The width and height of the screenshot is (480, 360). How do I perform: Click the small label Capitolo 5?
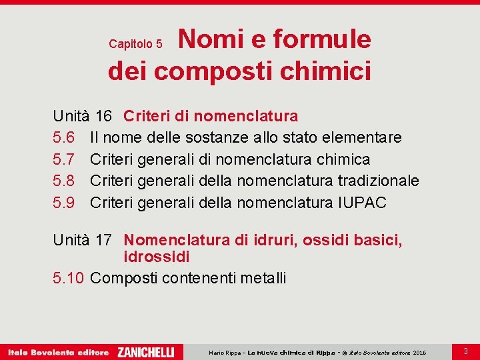click(135, 44)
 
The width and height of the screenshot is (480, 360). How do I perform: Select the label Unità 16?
click(82, 116)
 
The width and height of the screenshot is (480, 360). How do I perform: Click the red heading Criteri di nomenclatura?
click(211, 116)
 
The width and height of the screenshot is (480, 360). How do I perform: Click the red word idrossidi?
click(157, 257)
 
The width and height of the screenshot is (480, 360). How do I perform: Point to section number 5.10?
click(69, 278)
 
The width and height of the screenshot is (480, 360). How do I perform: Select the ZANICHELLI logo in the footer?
click(145, 351)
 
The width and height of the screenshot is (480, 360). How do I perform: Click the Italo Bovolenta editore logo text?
click(58, 351)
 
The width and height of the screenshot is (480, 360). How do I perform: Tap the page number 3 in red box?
click(465, 351)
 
